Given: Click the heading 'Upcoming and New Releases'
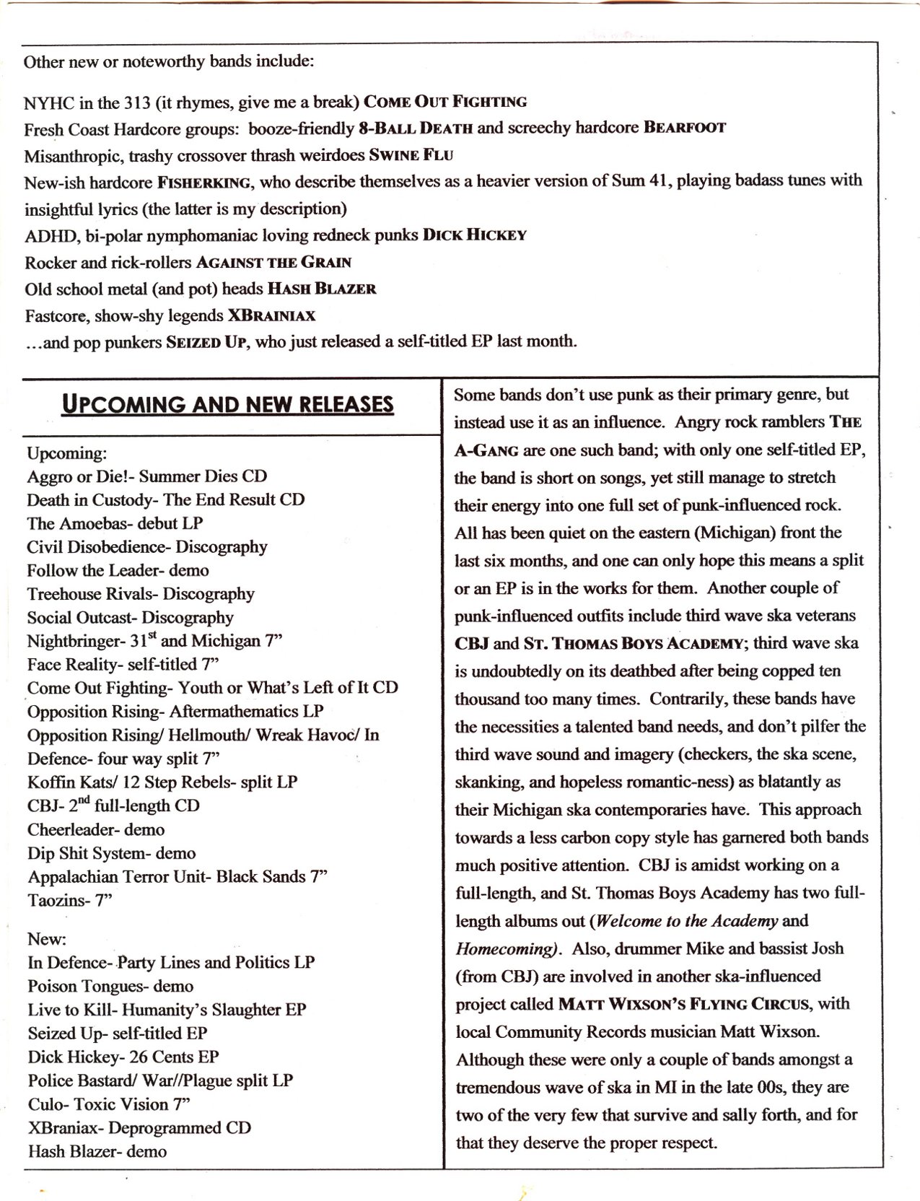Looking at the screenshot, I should tap(228, 403).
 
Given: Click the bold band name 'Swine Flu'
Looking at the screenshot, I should tap(411, 155).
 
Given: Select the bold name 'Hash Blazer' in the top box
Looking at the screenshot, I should tap(322, 289).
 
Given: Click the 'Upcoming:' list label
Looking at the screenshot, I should tap(67, 453).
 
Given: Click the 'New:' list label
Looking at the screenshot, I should tap(47, 939).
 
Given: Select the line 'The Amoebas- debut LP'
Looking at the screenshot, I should tap(115, 523).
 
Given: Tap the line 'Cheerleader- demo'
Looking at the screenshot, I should tap(96, 829).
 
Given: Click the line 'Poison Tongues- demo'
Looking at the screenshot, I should tap(110, 986).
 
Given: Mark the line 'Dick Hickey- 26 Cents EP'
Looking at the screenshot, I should tap(123, 1057).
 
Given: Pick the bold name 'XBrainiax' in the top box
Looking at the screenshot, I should tap(271, 315).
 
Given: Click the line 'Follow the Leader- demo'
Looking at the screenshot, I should tap(118, 570).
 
